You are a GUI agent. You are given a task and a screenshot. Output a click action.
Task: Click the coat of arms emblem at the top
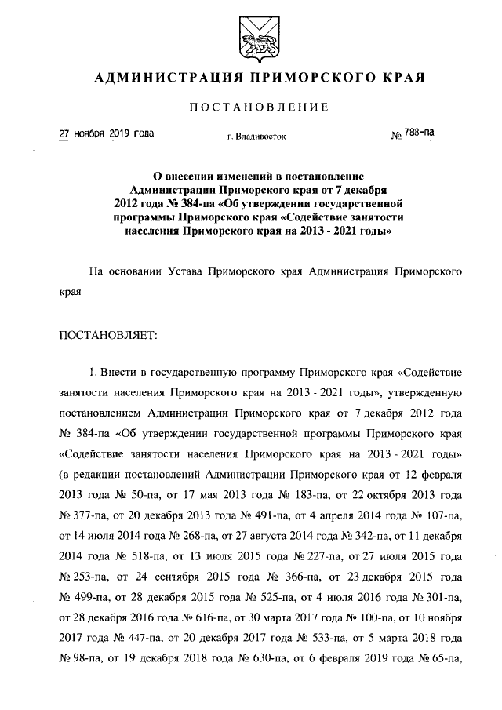click(250, 38)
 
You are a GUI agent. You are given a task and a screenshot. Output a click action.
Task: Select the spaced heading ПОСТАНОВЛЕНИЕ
click(251, 107)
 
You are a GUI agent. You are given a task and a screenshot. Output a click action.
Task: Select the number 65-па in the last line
click(443, 658)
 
